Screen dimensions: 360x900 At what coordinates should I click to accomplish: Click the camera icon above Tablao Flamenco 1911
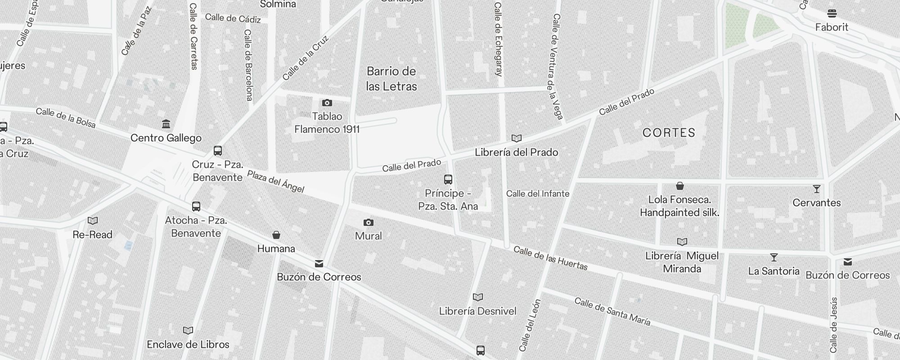(327, 103)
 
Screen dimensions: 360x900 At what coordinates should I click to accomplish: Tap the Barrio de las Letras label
(391, 79)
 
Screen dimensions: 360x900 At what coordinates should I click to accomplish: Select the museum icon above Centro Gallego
(166, 124)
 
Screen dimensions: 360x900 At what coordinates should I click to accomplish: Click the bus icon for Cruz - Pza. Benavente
(218, 151)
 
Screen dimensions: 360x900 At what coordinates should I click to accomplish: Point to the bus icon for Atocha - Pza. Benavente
(196, 207)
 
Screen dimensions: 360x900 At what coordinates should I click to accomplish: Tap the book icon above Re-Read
(93, 221)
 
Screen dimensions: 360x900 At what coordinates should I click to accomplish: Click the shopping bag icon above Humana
(276, 235)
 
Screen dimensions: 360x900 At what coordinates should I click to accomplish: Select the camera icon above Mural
(368, 222)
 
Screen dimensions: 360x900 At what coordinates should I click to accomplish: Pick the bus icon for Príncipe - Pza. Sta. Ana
(448, 180)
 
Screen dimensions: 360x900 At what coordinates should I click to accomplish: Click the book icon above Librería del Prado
(517, 139)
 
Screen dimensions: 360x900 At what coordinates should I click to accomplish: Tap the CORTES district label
(669, 133)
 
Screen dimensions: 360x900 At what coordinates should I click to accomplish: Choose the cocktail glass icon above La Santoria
(774, 257)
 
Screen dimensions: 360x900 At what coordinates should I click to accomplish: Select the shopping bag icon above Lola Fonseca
(680, 186)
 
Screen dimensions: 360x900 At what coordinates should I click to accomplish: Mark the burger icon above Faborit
(832, 13)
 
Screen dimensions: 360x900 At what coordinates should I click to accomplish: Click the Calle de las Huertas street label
(550, 258)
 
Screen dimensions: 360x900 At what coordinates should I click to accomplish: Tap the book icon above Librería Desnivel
(478, 297)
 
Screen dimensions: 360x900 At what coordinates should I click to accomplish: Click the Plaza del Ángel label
(275, 181)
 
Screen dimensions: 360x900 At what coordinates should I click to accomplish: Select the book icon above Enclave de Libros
(188, 331)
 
